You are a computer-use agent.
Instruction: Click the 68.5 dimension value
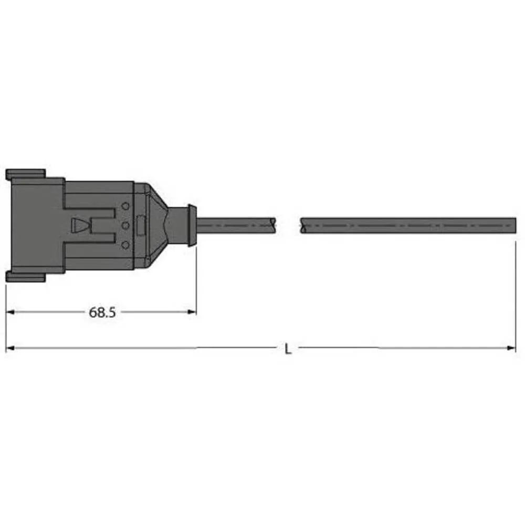tap(102, 313)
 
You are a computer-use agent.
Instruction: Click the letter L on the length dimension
tap(288, 349)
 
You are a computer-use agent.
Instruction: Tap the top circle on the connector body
tap(125, 206)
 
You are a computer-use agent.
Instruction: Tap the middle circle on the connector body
tap(125, 225)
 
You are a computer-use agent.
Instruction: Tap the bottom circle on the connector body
tap(125, 245)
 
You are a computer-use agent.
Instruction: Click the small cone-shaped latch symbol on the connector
tap(80, 225)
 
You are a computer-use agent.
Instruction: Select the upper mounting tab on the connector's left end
tap(25, 174)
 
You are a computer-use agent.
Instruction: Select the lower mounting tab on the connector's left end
tap(25, 277)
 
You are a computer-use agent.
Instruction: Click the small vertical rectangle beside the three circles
tap(141, 225)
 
